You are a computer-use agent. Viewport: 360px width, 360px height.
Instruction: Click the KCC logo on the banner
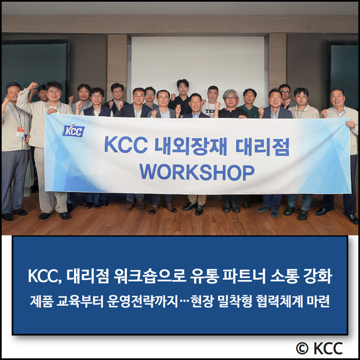point(74,131)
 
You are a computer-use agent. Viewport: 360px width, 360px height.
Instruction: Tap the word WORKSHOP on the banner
point(197,172)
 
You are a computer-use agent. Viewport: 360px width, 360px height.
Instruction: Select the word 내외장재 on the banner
point(191,146)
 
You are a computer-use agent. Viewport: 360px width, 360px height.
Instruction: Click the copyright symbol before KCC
point(302,348)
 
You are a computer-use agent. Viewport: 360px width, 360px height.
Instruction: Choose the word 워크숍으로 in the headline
point(150,276)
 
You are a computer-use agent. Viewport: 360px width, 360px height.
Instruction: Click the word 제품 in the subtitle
point(41,301)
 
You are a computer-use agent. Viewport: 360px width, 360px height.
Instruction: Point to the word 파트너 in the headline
point(244,276)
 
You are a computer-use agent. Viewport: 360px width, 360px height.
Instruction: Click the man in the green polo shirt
point(249,104)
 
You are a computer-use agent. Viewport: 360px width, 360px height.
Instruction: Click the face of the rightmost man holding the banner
point(337,98)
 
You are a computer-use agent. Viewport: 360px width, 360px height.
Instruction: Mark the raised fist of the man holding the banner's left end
point(32,85)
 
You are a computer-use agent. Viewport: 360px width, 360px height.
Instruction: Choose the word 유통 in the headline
point(204,276)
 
